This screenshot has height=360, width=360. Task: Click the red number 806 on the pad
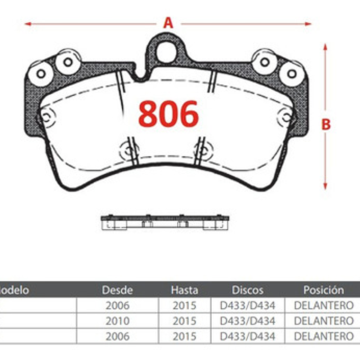[x=169, y=114]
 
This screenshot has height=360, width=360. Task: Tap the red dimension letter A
[x=168, y=23]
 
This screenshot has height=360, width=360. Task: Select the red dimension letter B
[x=326, y=124]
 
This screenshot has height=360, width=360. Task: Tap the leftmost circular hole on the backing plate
[x=41, y=73]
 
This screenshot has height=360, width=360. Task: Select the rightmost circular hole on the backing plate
[x=292, y=73]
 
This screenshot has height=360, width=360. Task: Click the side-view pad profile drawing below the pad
[x=165, y=221]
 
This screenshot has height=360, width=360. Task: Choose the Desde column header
[x=117, y=290]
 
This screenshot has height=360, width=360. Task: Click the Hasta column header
[x=184, y=290]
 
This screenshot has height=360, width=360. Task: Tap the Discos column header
[x=247, y=290]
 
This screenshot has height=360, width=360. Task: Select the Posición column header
[x=324, y=290]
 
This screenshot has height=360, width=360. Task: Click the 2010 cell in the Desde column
[x=117, y=321]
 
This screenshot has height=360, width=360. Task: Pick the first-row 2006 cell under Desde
[x=117, y=306]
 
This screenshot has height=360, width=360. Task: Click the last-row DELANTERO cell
[x=324, y=336]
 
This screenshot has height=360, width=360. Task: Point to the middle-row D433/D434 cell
[x=247, y=321]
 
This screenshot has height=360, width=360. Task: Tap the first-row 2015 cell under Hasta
[x=184, y=306]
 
